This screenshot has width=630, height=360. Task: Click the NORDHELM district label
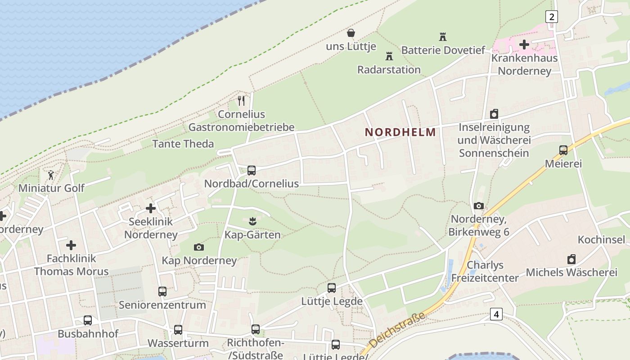pos(400,132)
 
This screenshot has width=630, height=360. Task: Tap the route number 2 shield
pos(551,17)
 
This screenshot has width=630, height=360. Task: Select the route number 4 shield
pos(496,314)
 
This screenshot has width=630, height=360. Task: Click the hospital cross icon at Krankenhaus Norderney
pos(524,45)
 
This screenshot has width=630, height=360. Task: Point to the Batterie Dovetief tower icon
pos(443,37)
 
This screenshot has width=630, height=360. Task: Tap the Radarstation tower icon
pos(389,57)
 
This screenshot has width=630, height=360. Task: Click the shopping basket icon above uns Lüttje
pos(351,33)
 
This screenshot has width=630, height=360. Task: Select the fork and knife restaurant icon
pos(241,101)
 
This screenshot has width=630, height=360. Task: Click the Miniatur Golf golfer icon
pos(51,175)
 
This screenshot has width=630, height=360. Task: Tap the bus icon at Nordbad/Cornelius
pos(252,171)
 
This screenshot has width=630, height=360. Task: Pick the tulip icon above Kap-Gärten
pos(252,221)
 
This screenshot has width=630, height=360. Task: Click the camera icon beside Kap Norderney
pos(198,247)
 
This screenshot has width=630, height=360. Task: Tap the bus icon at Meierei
pos(563,150)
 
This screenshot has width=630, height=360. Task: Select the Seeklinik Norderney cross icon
pos(151,208)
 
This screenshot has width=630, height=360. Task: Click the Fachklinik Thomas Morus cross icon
pos(71,245)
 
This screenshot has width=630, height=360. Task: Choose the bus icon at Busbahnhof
pos(88,320)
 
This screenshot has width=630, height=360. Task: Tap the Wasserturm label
pos(178,343)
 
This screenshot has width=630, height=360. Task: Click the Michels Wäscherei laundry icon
pos(571,259)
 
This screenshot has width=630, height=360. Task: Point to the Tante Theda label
pos(183,144)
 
